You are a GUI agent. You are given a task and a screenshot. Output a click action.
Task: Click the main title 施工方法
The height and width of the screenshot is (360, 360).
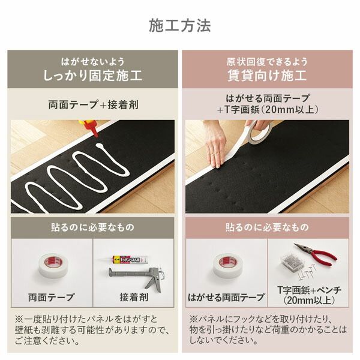point(179,26)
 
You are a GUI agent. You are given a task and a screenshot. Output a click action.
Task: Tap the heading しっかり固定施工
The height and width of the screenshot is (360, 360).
point(92,76)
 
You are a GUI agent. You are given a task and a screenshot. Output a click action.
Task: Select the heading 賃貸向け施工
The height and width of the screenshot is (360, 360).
point(266,76)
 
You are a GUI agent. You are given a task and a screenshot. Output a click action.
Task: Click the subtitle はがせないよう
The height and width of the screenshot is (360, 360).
point(92,62)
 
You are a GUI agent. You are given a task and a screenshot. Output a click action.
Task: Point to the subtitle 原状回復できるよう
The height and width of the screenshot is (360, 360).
point(266,62)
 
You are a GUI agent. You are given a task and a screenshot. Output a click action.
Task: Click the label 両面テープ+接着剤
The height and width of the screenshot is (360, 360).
point(93,104)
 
